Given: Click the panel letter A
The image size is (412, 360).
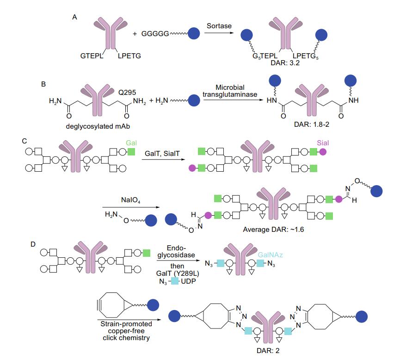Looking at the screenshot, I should tap(74, 17).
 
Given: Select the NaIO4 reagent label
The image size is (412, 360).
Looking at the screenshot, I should tap(121, 200).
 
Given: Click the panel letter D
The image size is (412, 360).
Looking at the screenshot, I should tap(33, 243).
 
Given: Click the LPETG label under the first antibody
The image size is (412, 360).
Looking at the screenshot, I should tap(129, 56).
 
